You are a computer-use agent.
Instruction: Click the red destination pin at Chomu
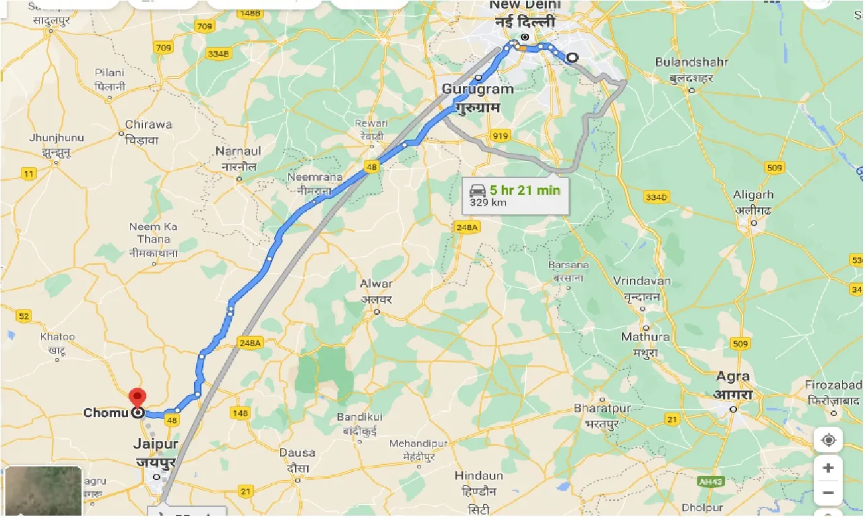[137, 396]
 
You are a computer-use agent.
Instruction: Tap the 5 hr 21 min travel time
[525, 190]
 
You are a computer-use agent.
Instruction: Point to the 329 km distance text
[489, 203]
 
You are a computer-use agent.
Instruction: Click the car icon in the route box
[478, 190]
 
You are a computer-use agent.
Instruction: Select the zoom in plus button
[828, 468]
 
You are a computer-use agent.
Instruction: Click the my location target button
[828, 440]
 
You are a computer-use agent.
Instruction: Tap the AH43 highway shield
[709, 482]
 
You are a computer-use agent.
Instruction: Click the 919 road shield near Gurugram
[499, 135]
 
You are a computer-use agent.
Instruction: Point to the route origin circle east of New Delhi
[572, 58]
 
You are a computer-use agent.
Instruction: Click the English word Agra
[732, 376]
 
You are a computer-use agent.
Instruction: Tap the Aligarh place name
[754, 195]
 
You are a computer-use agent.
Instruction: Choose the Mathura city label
[645, 337]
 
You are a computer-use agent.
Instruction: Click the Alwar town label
[376, 284]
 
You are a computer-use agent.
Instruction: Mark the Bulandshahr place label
[691, 62]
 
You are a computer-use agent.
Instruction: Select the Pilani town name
[109, 73]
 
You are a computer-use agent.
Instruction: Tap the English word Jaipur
[156, 444]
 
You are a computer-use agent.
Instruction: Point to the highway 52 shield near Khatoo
[24, 315]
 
